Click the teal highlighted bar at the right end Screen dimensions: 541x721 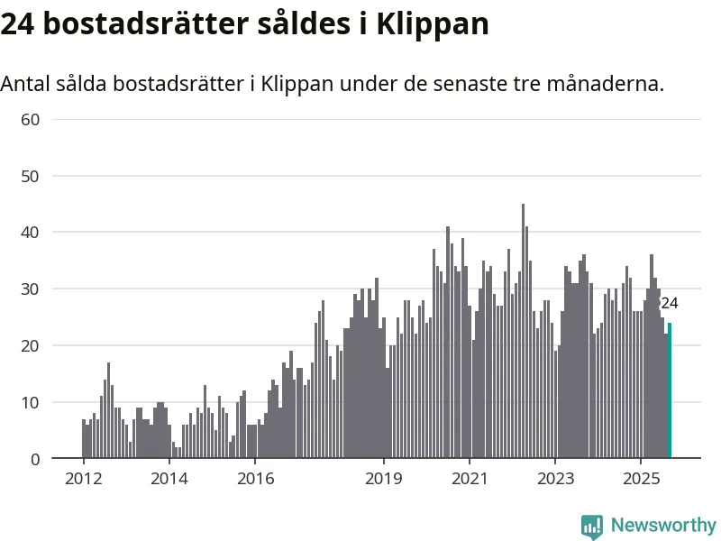(x=670, y=390)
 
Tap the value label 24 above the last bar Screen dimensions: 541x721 (x=670, y=304)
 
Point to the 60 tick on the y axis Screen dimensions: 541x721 (x=32, y=119)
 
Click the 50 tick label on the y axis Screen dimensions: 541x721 (x=32, y=176)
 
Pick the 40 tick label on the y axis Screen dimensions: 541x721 (x=32, y=233)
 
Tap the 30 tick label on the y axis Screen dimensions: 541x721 (x=32, y=289)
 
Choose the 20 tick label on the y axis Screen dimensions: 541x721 (x=32, y=345)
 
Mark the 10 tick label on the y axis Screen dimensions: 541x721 (x=32, y=402)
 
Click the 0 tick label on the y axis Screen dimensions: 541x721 (x=36, y=459)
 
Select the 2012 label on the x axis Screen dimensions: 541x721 (x=83, y=478)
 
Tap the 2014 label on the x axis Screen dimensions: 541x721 (x=169, y=478)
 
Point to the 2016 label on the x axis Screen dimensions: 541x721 (x=254, y=478)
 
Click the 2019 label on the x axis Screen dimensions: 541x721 (x=383, y=478)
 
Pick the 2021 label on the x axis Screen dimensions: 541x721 (x=469, y=478)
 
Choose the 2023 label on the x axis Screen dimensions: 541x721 (x=554, y=478)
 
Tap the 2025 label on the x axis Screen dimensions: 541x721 (x=640, y=478)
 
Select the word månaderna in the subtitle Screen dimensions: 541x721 (x=611, y=84)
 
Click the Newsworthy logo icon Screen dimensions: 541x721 (x=592, y=527)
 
